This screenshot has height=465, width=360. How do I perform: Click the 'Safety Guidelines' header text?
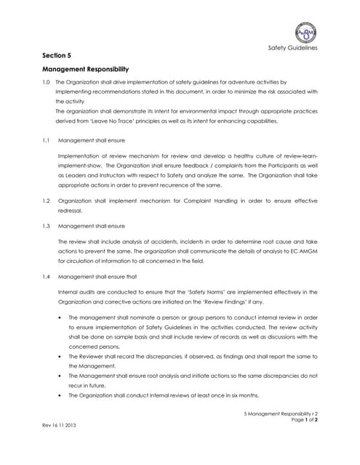point(293,48)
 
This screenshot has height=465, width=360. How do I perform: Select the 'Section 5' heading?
point(57,54)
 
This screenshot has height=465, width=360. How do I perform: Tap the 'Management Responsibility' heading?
point(85,69)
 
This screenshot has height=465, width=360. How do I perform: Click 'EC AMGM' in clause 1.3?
point(302,251)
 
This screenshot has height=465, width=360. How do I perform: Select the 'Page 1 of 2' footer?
point(303,420)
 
